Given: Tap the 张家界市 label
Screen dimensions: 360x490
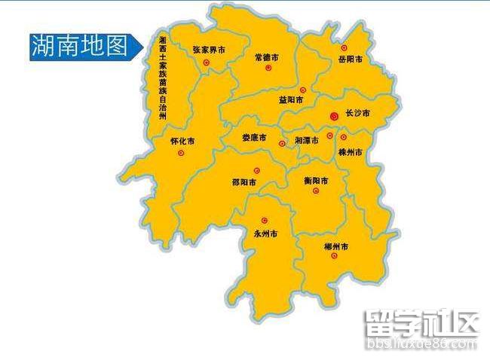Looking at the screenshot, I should (x=209, y=50).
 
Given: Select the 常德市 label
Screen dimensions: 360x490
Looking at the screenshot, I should (x=267, y=57).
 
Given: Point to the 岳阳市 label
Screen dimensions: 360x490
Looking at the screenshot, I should (x=351, y=59).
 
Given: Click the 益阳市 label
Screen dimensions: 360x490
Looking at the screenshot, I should (x=291, y=99).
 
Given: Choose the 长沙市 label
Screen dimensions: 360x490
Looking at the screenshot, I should (x=357, y=114).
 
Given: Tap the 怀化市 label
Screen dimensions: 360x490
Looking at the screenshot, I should (x=182, y=141).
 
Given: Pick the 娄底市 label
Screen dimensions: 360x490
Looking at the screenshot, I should (x=255, y=138).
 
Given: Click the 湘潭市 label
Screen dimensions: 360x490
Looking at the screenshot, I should (x=307, y=141).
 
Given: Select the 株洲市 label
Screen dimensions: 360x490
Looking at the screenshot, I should (x=351, y=153).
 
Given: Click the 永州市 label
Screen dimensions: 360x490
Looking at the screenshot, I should (x=265, y=234).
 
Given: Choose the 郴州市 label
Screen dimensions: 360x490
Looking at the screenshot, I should (x=335, y=247).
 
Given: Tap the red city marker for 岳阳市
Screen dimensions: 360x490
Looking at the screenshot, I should (x=345, y=47).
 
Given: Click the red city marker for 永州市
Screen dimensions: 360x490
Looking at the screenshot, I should (x=264, y=221).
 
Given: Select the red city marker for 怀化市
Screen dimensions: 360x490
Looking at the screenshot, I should (x=181, y=153).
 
